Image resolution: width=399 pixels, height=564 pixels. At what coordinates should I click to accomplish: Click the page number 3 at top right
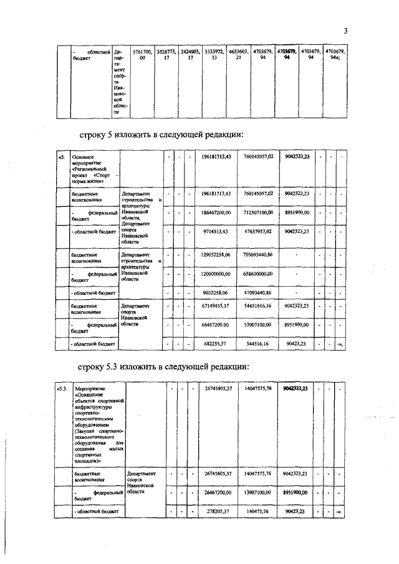tap(345, 31)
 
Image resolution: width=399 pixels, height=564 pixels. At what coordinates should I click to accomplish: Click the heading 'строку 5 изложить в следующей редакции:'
tap(160, 135)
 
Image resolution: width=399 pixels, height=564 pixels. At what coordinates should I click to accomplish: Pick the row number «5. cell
tap(61, 156)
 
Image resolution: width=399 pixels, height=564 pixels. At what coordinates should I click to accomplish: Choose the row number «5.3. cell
tap(62, 389)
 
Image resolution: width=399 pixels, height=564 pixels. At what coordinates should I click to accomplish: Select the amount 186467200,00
tap(218, 213)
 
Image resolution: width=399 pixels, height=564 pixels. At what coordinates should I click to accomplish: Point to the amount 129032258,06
tap(218, 255)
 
